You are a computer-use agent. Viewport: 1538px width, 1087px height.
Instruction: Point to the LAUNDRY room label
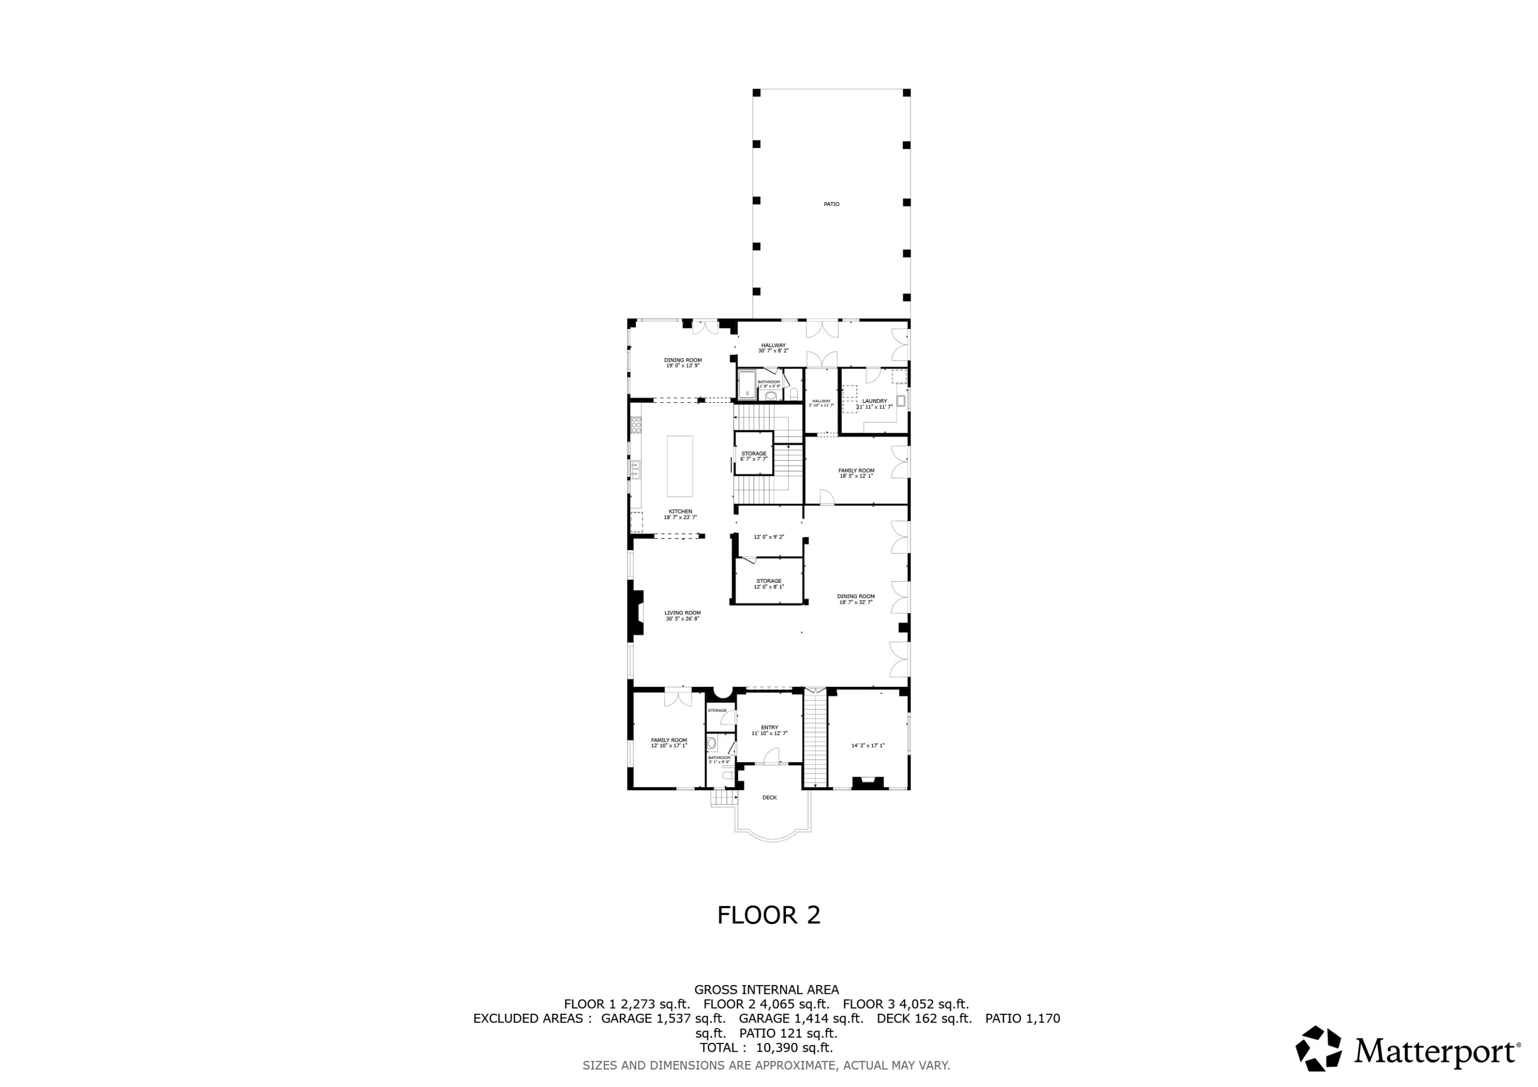pyautogui.click(x=874, y=401)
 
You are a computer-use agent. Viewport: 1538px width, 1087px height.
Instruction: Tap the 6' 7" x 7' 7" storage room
pyautogui.click(x=754, y=454)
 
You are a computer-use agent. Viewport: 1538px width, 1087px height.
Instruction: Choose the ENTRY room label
pyautogui.click(x=770, y=727)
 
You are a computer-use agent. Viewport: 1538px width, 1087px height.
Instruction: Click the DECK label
pyautogui.click(x=770, y=797)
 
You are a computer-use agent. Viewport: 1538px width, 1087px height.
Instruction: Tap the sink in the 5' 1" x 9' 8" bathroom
pyautogui.click(x=712, y=743)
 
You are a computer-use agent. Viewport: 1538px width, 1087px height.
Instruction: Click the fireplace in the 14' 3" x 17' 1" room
pyautogui.click(x=867, y=782)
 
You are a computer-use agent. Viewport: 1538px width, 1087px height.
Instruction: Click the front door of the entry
pyautogui.click(x=772, y=757)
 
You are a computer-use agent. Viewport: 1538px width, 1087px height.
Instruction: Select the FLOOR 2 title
pyautogui.click(x=768, y=915)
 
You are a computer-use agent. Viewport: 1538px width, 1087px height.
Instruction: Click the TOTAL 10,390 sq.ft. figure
pyautogui.click(x=765, y=1048)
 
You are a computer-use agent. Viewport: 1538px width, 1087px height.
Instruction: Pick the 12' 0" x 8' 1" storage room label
pyautogui.click(x=768, y=583)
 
